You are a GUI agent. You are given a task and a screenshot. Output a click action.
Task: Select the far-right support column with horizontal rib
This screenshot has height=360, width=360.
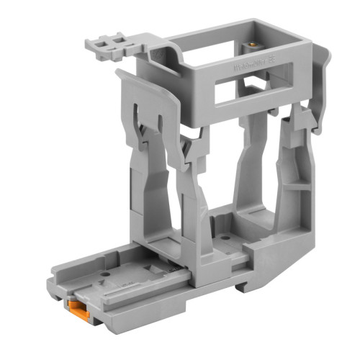(x=294, y=187)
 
